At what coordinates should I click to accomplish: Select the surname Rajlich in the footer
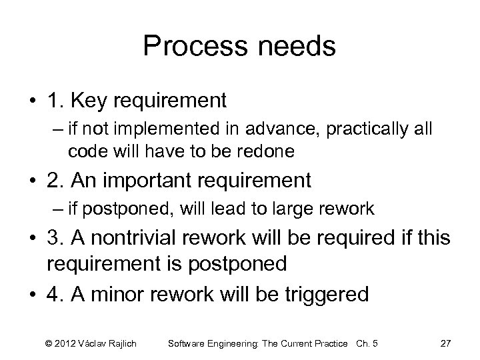tap(121, 343)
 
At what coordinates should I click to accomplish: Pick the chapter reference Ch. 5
tap(365, 343)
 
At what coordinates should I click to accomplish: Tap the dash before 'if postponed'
tap(58, 209)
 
